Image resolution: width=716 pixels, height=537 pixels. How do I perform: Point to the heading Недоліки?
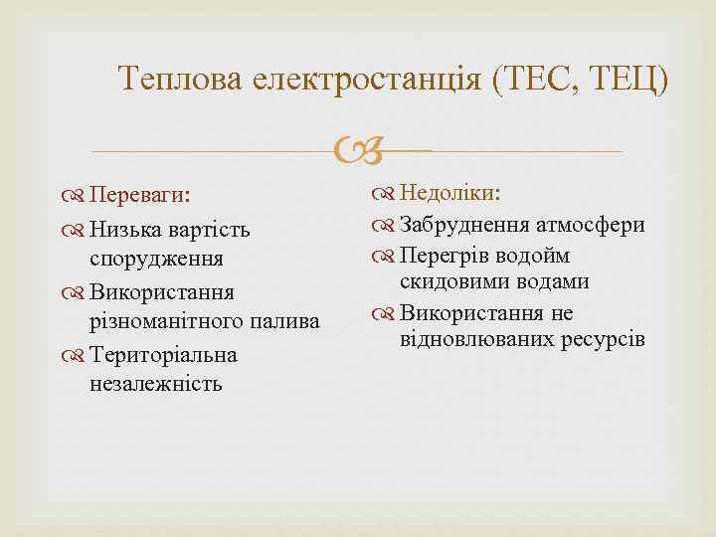(x=450, y=192)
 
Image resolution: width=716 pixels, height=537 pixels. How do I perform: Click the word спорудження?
(x=155, y=257)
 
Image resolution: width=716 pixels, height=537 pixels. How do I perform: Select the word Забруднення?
(x=464, y=225)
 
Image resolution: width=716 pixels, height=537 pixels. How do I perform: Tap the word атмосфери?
(x=591, y=225)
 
